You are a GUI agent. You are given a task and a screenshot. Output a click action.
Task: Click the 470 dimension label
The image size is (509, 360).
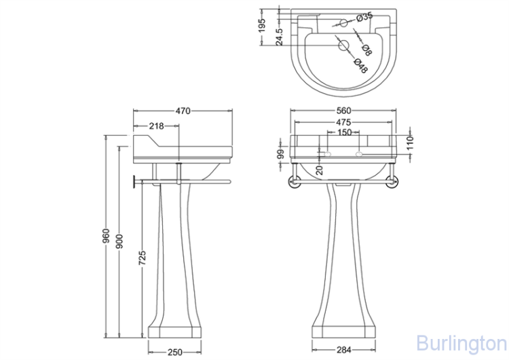pos(183,111)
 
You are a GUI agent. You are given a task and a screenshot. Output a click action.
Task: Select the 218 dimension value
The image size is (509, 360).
pos(157,126)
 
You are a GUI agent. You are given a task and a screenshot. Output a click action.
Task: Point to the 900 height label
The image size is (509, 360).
pos(119,241)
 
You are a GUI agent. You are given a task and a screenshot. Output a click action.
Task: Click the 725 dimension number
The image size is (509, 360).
pos(143,257)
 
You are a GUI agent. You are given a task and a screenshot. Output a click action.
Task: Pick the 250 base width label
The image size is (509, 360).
pos(175,353)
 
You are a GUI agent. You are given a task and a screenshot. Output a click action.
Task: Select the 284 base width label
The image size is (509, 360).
pos(344,350)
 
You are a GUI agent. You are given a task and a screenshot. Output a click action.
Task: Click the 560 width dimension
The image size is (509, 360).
pos(343,111)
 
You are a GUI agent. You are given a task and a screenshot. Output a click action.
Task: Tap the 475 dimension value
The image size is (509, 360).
pos(343,122)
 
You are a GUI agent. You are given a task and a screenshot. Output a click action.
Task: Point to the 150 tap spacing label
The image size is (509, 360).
pos(344,132)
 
